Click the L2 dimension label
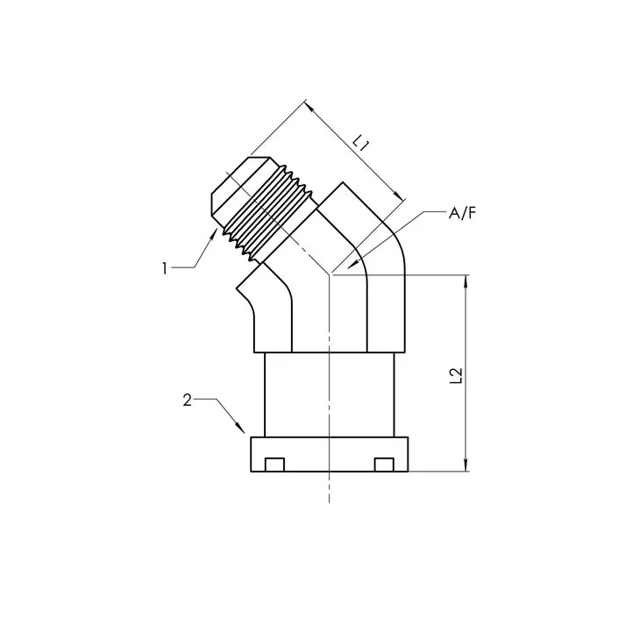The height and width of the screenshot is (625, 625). click(454, 375)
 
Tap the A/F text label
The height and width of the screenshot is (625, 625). click(462, 213)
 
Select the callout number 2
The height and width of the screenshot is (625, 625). click(187, 401)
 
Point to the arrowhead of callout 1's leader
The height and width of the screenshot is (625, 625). click(216, 231)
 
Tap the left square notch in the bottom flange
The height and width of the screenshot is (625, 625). click(275, 463)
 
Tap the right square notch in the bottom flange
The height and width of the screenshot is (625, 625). click(382, 463)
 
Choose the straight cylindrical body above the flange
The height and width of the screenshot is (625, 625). click(329, 394)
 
